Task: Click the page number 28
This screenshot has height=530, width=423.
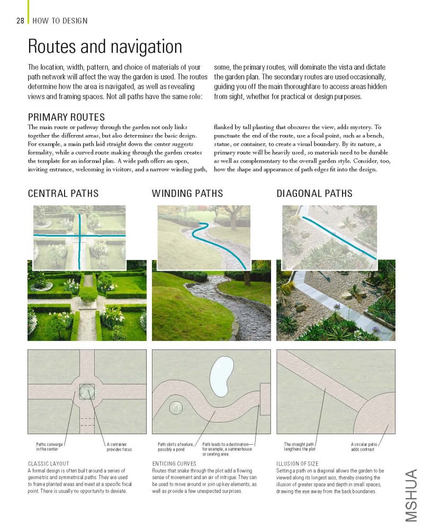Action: [20, 21]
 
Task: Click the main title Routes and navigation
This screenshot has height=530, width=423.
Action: [105, 47]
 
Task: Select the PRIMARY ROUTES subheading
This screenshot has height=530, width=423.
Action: [66, 117]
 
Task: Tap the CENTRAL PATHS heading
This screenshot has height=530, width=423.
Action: [63, 193]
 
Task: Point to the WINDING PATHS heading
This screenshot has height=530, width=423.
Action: [187, 193]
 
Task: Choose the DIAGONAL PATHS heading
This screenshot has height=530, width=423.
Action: [314, 193]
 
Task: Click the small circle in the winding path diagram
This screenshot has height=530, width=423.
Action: [176, 408]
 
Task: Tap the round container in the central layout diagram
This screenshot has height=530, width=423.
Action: [87, 391]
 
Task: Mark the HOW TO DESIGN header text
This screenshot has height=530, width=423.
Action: [60, 21]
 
